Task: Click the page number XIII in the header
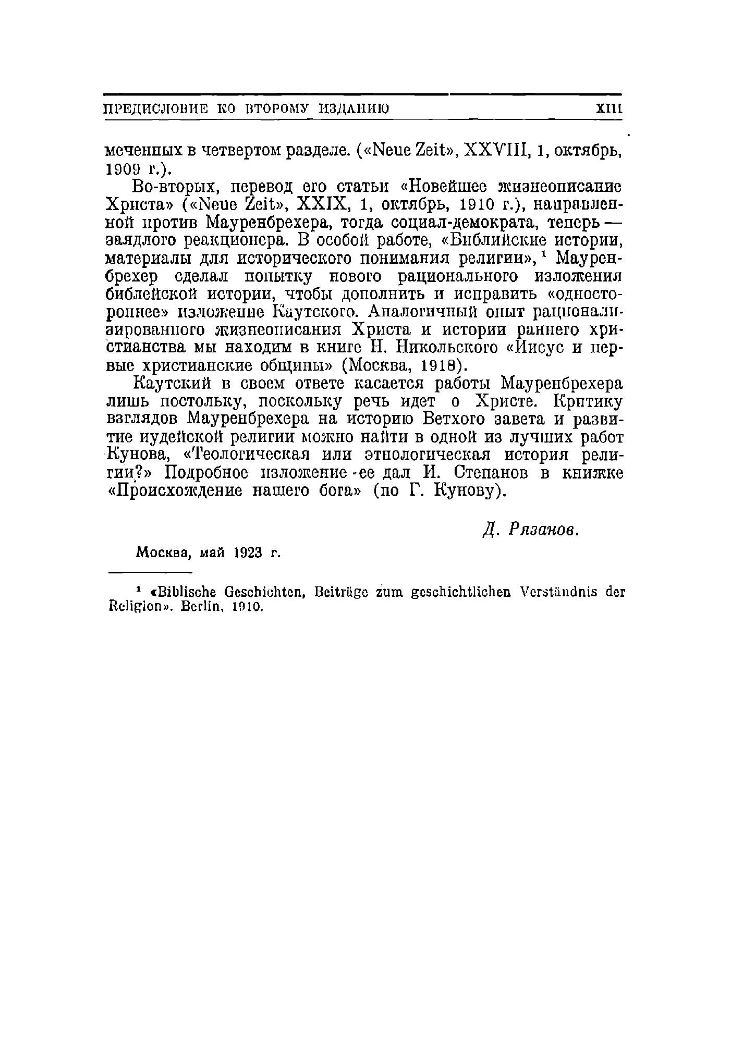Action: pos(609,109)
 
